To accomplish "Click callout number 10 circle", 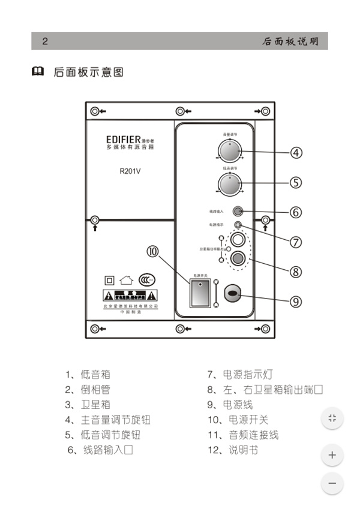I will pos(152,252).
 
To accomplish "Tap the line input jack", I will pos(238,211).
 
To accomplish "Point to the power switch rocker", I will pos(199,293).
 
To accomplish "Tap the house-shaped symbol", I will pos(126,279).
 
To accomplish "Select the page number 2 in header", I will pos(44,41).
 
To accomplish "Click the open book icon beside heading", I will pos(37,73).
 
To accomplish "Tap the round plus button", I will pos(332,455).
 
